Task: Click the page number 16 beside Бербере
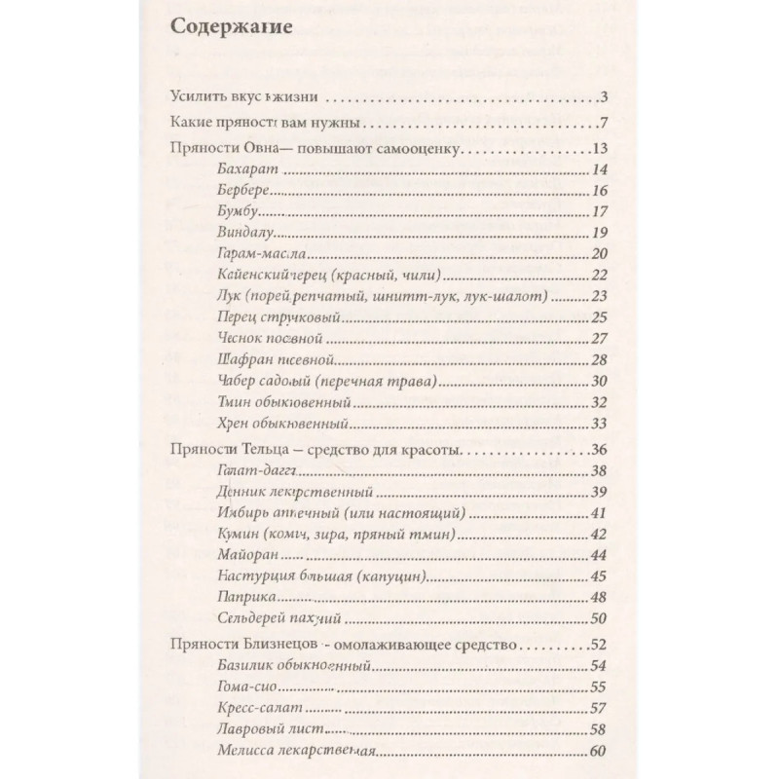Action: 599,190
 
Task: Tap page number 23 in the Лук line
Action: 599,296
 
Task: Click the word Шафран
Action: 235,359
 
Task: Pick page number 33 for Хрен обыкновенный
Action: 599,423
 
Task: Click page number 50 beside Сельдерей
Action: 599,617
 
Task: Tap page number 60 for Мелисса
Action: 599,750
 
